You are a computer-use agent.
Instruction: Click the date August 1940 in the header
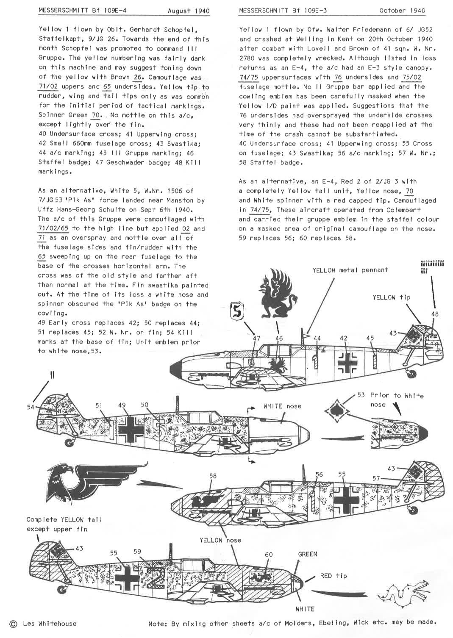189,11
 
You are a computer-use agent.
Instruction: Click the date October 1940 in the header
402,11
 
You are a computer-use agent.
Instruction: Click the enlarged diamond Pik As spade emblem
337,411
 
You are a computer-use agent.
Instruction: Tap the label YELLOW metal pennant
350,270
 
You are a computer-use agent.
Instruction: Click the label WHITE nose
282,406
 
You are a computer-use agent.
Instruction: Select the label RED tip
333,576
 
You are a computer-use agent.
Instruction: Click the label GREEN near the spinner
307,554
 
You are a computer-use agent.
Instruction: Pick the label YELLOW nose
220,540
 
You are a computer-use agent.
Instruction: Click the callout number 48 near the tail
435,314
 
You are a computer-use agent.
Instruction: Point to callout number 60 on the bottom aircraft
269,555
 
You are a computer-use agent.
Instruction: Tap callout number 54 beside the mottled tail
31,407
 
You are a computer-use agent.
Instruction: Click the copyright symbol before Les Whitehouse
13,624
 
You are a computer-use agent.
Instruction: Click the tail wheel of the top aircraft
411,373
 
